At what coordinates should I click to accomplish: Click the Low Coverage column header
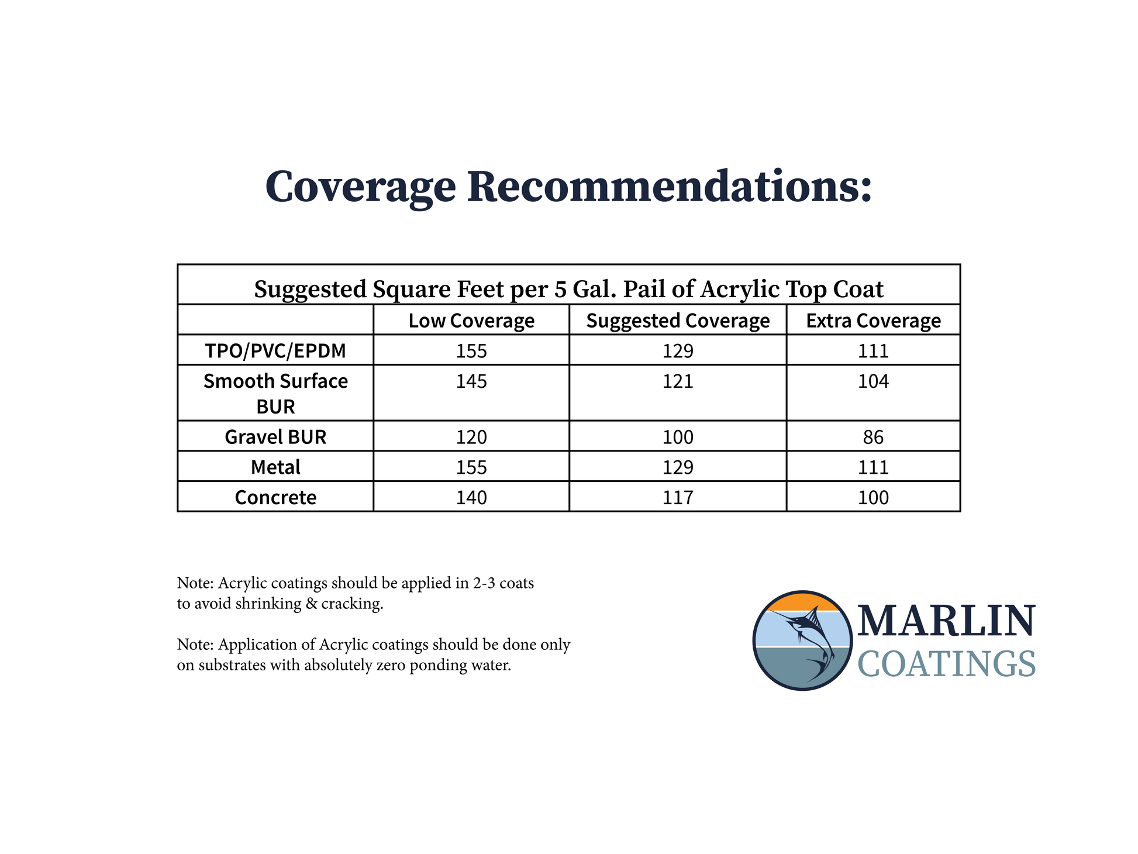[471, 321]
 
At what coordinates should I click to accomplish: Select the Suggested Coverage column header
[678, 321]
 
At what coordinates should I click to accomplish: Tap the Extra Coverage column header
[874, 321]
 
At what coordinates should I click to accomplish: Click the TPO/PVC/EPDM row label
[275, 351]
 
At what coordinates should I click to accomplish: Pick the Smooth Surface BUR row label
[275, 394]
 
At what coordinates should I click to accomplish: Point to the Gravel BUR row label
[275, 437]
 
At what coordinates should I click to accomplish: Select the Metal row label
[275, 467]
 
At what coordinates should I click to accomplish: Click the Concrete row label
[275, 497]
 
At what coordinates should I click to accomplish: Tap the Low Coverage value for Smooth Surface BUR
[471, 381]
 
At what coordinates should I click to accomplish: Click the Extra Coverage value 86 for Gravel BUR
[874, 437]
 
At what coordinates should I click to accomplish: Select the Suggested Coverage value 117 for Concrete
[678, 498]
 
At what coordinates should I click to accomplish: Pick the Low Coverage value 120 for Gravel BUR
[471, 437]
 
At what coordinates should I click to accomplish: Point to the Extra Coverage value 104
[874, 381]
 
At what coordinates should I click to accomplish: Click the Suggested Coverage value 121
[678, 381]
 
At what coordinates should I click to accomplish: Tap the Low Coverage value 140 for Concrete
[471, 498]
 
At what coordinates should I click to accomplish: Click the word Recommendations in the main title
[670, 187]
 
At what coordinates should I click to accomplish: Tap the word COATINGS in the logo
[947, 664]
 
